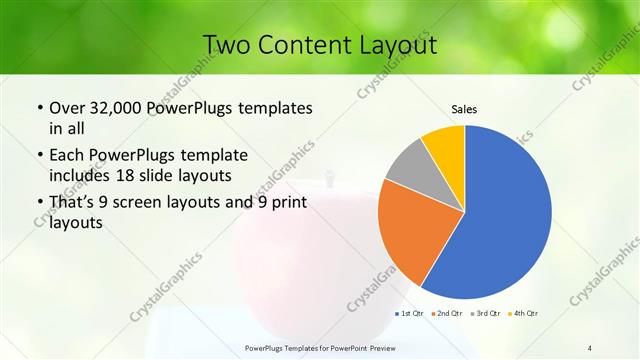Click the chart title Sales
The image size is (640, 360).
click(x=464, y=108)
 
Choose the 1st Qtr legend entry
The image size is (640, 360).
click(x=411, y=314)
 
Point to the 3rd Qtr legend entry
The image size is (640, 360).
click(x=485, y=314)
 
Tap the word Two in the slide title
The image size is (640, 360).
click(x=227, y=45)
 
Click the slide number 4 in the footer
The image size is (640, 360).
click(x=590, y=347)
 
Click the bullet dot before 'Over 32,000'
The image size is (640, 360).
click(x=39, y=108)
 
